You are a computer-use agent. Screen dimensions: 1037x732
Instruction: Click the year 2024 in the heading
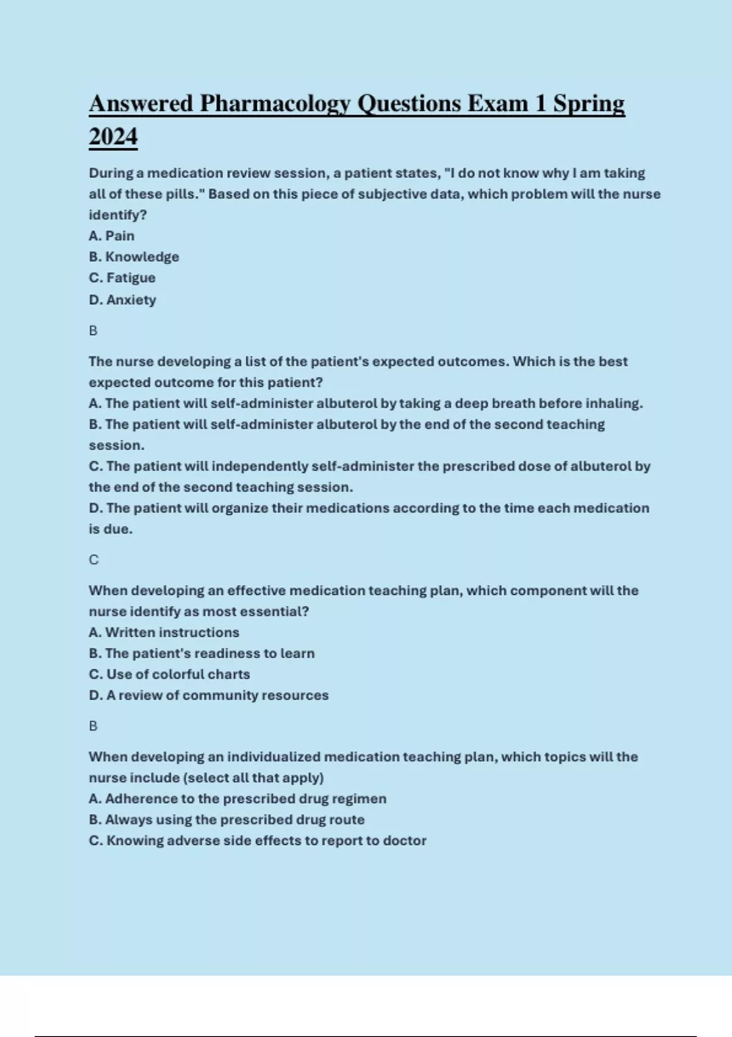coord(113,137)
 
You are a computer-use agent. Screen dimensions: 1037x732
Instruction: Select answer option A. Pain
coord(112,236)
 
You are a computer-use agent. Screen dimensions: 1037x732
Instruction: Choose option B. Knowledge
coord(134,257)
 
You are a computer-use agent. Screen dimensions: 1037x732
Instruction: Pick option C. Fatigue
coord(122,278)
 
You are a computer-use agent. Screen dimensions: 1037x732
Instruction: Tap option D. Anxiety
coord(123,300)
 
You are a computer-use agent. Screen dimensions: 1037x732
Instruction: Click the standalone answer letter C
coord(93,560)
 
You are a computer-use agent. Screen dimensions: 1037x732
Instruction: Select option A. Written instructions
coord(164,633)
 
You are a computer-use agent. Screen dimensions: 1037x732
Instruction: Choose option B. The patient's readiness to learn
coord(202,653)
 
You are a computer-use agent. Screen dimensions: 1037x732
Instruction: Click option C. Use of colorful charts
coord(170,675)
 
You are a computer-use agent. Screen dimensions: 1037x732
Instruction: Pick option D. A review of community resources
coord(209,695)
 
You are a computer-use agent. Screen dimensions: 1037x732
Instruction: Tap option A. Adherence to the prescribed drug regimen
coord(238,799)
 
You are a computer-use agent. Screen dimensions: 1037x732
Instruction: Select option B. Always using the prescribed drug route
coord(227,820)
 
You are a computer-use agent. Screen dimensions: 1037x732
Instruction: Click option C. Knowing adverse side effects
coord(257,841)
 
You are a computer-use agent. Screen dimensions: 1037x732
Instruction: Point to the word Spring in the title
coord(589,104)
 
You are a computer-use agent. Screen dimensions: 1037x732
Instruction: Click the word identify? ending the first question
coord(118,215)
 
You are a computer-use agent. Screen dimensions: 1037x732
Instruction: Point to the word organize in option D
coord(240,508)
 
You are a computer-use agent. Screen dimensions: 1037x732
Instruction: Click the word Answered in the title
coord(141,104)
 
